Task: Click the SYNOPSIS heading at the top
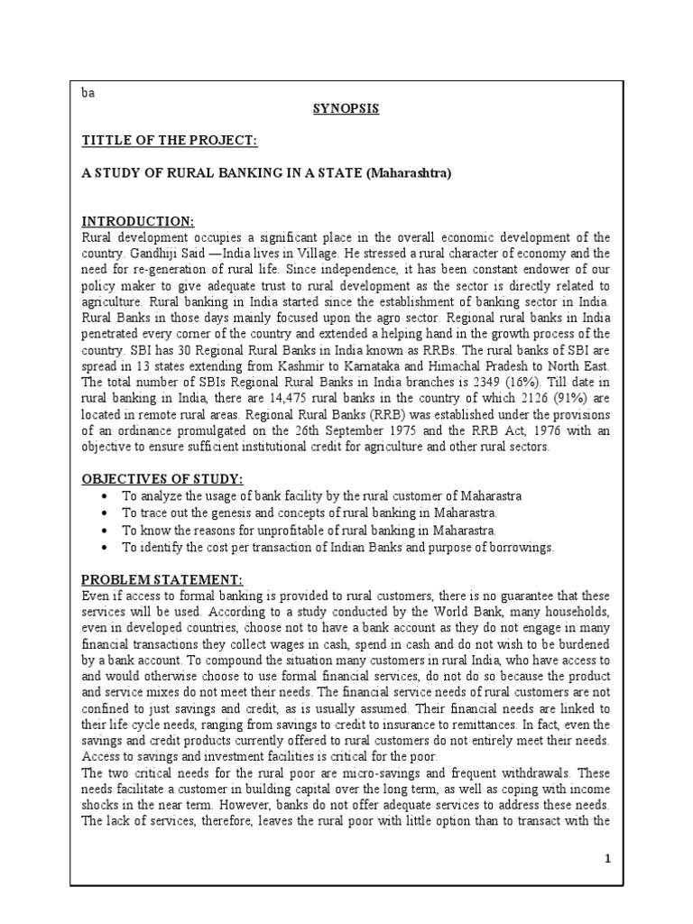(x=346, y=108)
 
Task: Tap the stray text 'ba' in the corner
(x=88, y=93)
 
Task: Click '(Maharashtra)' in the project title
(x=408, y=172)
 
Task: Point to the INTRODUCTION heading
(x=138, y=221)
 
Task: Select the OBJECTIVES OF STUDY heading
(x=163, y=478)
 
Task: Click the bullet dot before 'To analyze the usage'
(x=107, y=497)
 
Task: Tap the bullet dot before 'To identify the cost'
(x=107, y=547)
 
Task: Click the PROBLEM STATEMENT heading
(x=160, y=579)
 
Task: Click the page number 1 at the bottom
(x=608, y=858)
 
